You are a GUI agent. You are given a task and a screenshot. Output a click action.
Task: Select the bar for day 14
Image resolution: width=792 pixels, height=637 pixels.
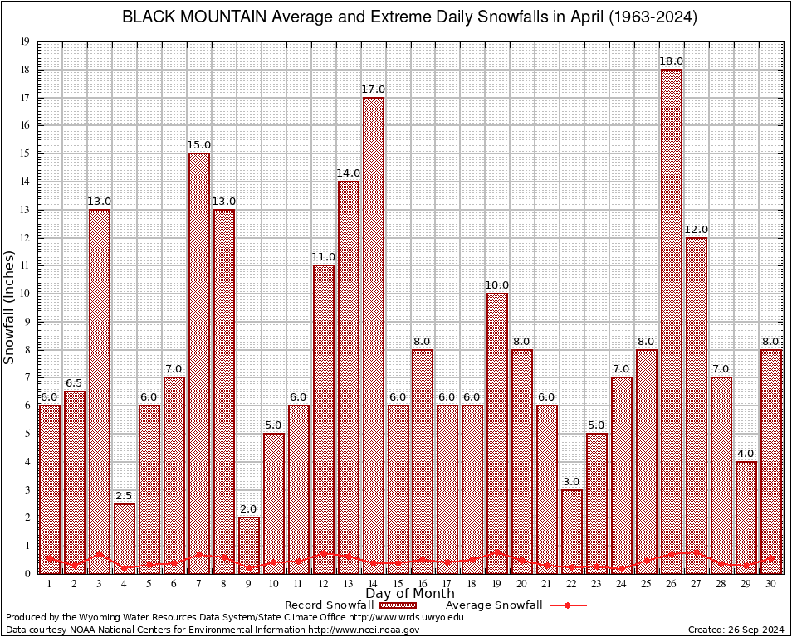pos(373,336)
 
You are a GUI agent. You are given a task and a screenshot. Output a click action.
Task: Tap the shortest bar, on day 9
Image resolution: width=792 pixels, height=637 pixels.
pos(249,545)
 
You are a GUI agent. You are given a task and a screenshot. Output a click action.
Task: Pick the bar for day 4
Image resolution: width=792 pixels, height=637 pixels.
pos(125,538)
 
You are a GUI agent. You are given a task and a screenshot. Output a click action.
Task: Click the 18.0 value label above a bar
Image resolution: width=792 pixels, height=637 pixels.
pos(672,61)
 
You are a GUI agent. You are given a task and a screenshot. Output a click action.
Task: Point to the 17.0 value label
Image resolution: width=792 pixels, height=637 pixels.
pos(373,90)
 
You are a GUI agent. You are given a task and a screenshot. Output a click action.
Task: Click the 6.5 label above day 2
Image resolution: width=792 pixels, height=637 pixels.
pos(75,383)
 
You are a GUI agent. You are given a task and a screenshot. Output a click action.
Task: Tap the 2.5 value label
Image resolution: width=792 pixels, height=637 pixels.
pos(125,496)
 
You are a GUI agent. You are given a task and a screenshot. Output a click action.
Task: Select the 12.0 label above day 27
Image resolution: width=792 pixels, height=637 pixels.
pos(697,230)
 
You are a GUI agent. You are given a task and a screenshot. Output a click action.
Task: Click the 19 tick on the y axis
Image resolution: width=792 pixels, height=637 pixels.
pos(25,41)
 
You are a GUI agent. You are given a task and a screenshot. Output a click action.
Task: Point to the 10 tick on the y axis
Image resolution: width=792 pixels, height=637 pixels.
pos(25,294)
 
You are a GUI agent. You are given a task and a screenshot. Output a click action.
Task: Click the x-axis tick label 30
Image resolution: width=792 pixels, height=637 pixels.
pos(771,583)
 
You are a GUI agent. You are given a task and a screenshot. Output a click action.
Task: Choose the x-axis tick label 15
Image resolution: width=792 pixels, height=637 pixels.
pos(398,583)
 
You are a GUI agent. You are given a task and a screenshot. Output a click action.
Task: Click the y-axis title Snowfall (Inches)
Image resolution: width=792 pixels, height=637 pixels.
pos(9,308)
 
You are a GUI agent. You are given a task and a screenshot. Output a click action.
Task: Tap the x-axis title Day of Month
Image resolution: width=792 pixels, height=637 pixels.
pos(409,594)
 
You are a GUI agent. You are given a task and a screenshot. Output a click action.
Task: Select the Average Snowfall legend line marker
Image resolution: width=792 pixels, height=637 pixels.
pos(567,605)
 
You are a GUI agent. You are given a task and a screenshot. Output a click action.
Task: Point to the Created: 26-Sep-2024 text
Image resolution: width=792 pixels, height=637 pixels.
pos(736,630)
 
